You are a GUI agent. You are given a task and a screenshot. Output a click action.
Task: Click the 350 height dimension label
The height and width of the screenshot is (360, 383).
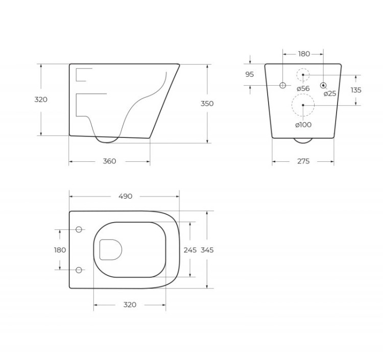[x=207, y=104]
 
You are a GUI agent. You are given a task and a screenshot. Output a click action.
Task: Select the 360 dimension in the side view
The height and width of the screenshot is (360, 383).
[x=109, y=161]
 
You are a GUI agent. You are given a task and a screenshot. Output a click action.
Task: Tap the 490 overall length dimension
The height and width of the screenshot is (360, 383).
[x=125, y=197]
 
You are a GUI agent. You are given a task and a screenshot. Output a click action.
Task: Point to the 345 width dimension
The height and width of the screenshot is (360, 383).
[x=207, y=250]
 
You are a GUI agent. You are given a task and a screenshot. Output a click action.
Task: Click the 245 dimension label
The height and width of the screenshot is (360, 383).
[x=190, y=250]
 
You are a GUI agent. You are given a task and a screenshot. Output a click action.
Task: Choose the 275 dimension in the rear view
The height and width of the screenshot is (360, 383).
[x=303, y=161]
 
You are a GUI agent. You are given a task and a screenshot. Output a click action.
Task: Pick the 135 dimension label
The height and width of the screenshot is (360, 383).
[x=356, y=90]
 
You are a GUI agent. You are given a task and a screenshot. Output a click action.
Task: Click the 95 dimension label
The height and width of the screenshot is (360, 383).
[x=250, y=74]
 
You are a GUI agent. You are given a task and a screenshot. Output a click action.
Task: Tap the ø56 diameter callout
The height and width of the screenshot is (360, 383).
[x=303, y=88]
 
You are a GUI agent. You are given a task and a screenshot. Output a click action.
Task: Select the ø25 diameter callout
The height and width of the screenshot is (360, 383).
[x=330, y=93]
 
